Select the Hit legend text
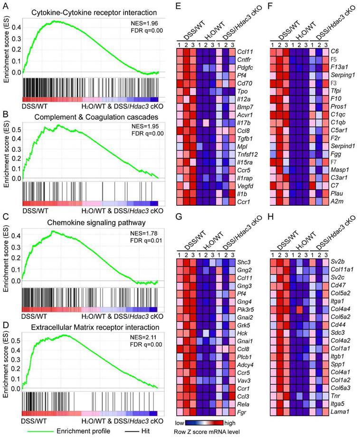(154, 430)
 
